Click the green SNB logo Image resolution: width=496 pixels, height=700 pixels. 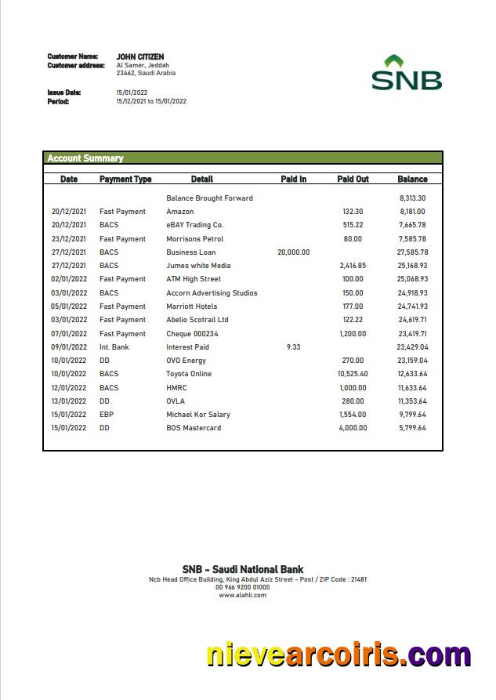pyautogui.click(x=406, y=73)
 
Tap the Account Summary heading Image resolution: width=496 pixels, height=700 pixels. pyautogui.click(x=85, y=158)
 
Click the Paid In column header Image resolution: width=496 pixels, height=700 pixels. pyautogui.click(x=293, y=180)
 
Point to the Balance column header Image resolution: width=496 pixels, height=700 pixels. pyautogui.click(x=412, y=180)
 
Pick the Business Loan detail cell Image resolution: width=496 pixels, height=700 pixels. pyautogui.click(x=190, y=252)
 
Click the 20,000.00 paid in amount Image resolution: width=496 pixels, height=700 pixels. pyautogui.click(x=293, y=252)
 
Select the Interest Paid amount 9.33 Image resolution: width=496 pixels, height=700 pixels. pyautogui.click(x=293, y=346)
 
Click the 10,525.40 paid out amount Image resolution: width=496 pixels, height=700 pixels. pyautogui.click(x=352, y=374)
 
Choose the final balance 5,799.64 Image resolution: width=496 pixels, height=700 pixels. pyautogui.click(x=412, y=428)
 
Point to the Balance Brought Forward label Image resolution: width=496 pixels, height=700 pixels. pyautogui.click(x=209, y=198)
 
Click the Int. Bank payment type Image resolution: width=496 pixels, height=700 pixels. pyautogui.click(x=114, y=346)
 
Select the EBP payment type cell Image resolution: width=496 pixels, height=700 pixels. pyautogui.click(x=107, y=415)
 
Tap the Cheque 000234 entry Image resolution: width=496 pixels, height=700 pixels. pyautogui.click(x=192, y=333)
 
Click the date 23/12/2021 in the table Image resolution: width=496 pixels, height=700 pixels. pyautogui.click(x=69, y=239)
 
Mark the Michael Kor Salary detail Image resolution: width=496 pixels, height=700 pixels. pyautogui.click(x=198, y=415)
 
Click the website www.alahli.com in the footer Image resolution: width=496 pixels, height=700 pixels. pyautogui.click(x=242, y=595)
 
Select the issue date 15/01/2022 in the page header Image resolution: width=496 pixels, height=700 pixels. pyautogui.click(x=132, y=92)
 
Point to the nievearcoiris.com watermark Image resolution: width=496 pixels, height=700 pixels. pyautogui.click(x=339, y=655)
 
